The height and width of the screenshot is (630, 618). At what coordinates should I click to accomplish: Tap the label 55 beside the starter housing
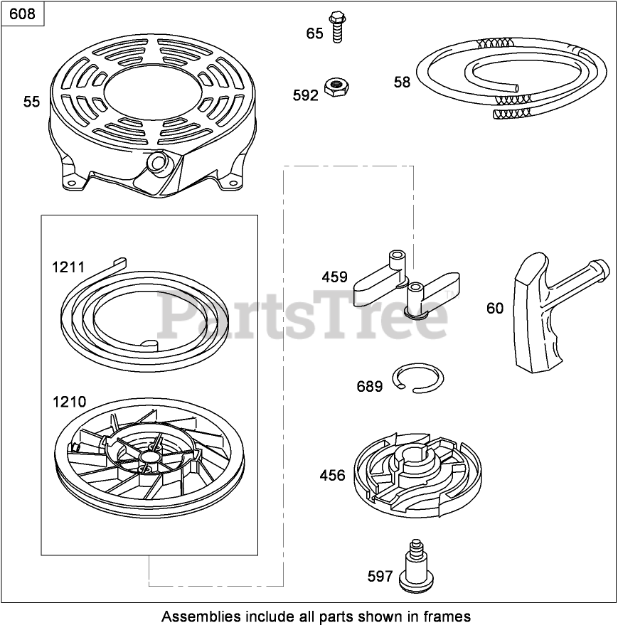coord(31,102)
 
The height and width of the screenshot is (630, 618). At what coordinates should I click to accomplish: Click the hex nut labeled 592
coord(334,87)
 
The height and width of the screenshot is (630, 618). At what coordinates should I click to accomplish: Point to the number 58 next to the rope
coord(402,82)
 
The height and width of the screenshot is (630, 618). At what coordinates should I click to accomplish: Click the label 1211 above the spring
coord(68,267)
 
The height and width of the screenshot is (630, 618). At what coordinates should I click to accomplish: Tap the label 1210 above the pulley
coord(69,402)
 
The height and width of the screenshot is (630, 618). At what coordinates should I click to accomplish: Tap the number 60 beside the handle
coord(495,308)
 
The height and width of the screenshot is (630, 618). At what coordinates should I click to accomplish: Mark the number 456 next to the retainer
coord(332,476)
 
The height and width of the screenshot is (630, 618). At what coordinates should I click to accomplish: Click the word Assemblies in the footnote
coord(195,616)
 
